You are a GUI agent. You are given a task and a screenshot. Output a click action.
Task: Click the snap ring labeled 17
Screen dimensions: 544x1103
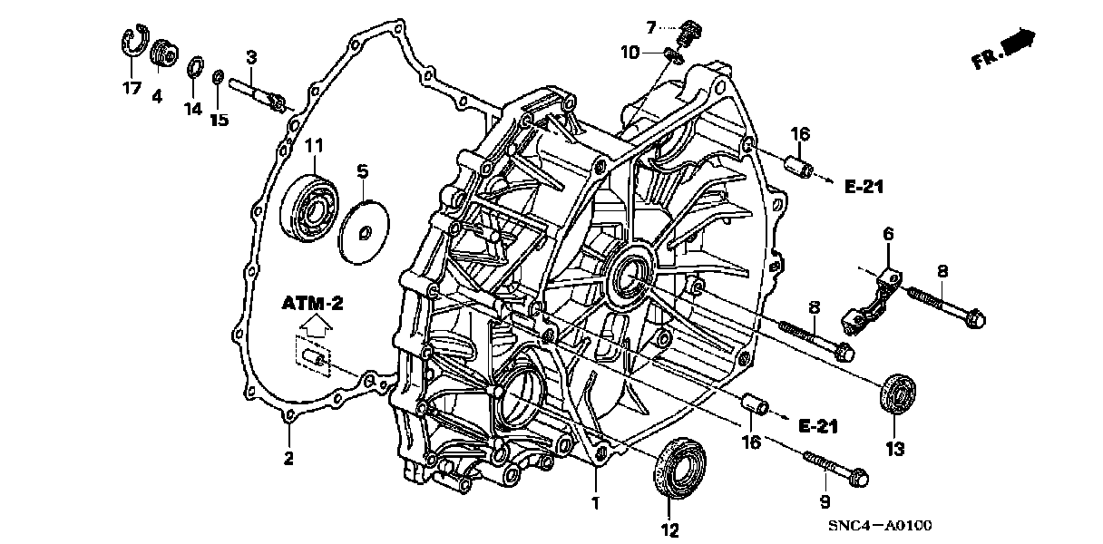click(132, 46)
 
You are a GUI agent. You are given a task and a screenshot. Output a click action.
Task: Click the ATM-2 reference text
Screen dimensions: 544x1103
click(311, 303)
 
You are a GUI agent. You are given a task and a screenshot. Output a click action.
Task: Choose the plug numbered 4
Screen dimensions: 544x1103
click(164, 53)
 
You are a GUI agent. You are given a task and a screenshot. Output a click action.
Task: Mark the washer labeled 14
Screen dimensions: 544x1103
click(194, 69)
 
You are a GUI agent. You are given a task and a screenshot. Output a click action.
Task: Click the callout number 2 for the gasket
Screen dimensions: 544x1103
click(288, 459)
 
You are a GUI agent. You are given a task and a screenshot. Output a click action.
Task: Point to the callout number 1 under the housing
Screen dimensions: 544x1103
click(596, 501)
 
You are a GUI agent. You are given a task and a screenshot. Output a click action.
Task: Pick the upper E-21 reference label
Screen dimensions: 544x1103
click(864, 188)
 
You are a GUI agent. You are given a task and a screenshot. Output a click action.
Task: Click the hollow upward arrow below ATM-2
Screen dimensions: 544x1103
click(312, 323)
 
